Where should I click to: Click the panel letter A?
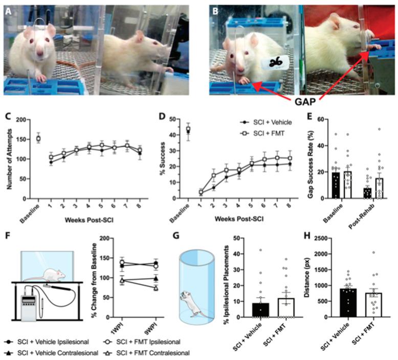pyautogui.click(x=9, y=8)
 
